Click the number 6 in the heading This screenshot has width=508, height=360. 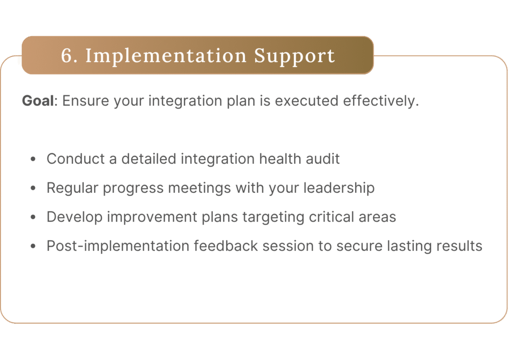pos(67,56)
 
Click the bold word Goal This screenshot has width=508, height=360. pos(38,101)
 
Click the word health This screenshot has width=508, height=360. pos(280,159)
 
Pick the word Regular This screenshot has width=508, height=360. pos(72,188)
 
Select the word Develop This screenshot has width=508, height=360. pos(74,217)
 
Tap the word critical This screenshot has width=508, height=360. pos(331,217)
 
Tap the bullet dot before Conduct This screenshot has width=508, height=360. pos(33,159)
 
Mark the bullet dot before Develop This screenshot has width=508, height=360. pos(33,217)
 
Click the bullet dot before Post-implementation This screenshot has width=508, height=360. pos(33,246)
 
